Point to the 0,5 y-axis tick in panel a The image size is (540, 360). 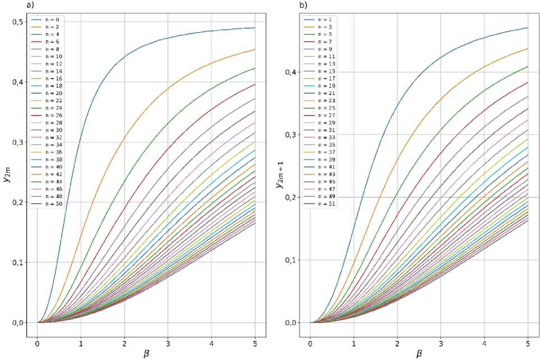pos(18,22)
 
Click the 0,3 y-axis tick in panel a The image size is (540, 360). pos(18,142)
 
